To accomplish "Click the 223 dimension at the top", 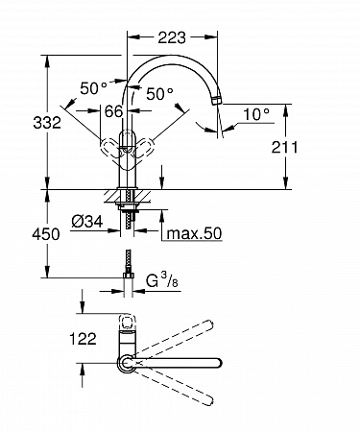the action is pyautogui.click(x=172, y=37).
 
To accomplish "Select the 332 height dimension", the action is pyautogui.click(x=47, y=123).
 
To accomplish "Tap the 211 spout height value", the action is pyautogui.click(x=284, y=147).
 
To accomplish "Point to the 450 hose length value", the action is pyautogui.click(x=46, y=234).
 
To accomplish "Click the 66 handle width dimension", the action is pyautogui.click(x=113, y=111).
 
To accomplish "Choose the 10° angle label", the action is pyautogui.click(x=256, y=114).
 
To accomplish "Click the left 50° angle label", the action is pyautogui.click(x=93, y=88).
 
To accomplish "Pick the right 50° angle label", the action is pyautogui.click(x=159, y=93).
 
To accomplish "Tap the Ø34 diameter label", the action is pyautogui.click(x=87, y=221).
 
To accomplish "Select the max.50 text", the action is pyautogui.click(x=194, y=233).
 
